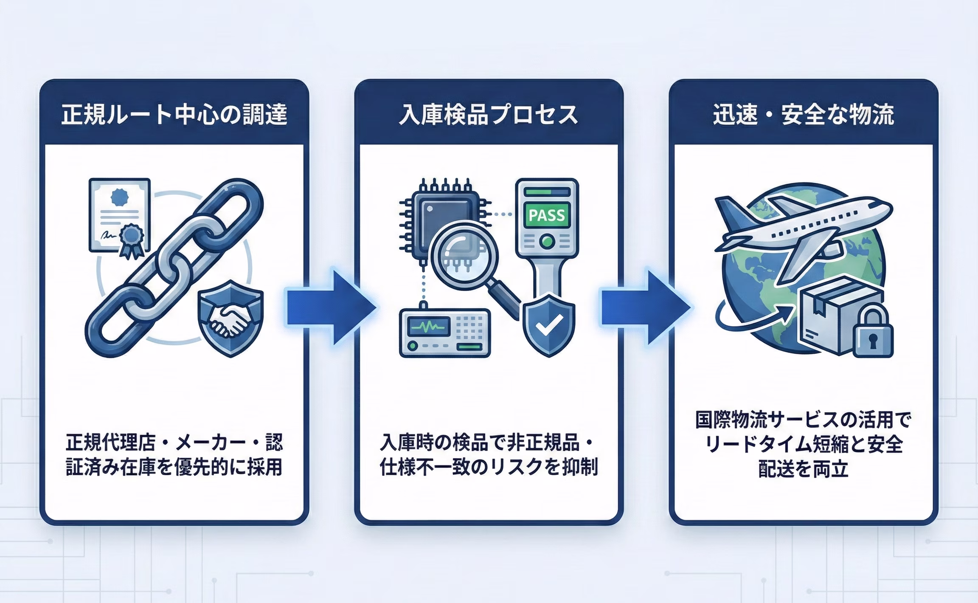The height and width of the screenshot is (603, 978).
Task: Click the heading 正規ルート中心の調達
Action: pos(174,115)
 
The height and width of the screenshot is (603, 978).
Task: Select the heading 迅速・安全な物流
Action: pos(803,115)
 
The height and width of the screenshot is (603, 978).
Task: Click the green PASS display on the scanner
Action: pos(547,216)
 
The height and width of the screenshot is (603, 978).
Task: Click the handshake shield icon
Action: pos(230,318)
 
